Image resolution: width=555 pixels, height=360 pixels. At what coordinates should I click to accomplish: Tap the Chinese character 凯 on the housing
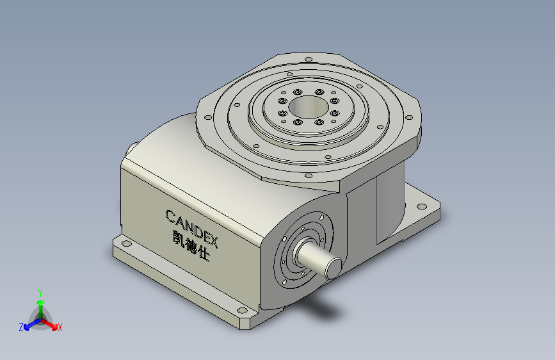pos(175,237)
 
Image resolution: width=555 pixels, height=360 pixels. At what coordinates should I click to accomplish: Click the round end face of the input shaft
pos(335,266)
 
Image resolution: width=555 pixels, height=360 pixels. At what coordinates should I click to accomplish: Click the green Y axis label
pos(40,291)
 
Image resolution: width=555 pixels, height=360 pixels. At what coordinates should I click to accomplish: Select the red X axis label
pos(60,327)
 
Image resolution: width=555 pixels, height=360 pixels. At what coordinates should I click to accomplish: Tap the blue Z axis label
pos(21,327)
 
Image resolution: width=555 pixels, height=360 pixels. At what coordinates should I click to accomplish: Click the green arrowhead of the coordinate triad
pos(40,302)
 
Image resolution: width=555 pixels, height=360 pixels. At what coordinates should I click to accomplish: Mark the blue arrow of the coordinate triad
pos(29,324)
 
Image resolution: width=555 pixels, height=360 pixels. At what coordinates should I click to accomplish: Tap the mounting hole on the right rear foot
pos(421,206)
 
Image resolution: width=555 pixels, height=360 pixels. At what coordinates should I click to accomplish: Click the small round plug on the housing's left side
pos(130,148)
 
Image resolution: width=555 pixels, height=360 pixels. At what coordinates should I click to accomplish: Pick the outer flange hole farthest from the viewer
pos(309,60)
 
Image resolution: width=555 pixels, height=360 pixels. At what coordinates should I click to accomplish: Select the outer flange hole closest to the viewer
pos(308,175)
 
